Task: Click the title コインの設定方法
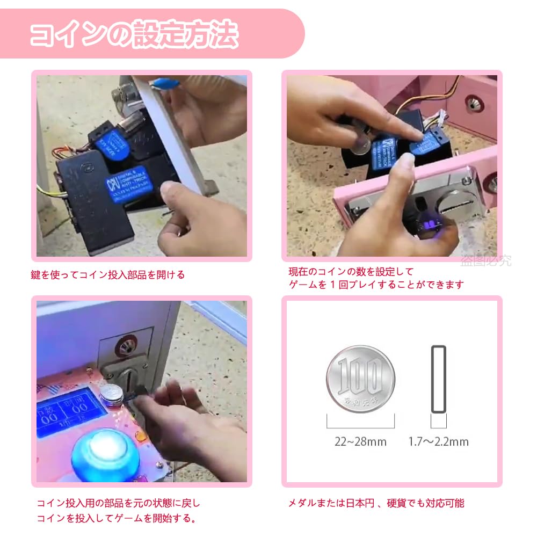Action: pyautogui.click(x=134, y=35)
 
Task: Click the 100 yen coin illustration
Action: pyautogui.click(x=360, y=378)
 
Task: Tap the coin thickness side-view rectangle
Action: pyautogui.click(x=439, y=379)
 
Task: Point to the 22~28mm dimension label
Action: pyautogui.click(x=360, y=442)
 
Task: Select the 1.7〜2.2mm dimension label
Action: pyautogui.click(x=439, y=442)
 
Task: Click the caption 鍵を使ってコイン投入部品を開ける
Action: pyautogui.click(x=107, y=275)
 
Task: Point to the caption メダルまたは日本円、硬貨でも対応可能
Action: pyautogui.click(x=376, y=503)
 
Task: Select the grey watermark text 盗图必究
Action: pyautogui.click(x=485, y=262)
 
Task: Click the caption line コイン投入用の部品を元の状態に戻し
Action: pyautogui.click(x=118, y=503)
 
